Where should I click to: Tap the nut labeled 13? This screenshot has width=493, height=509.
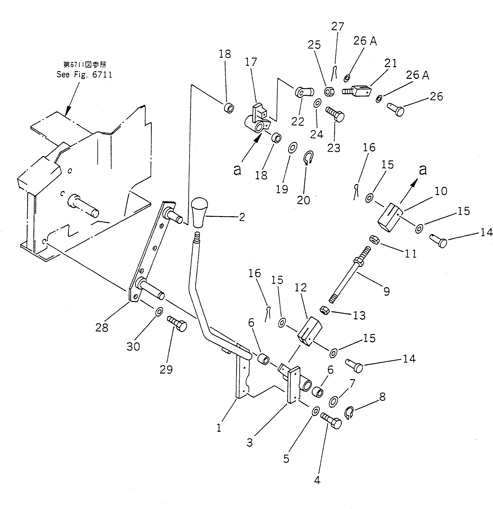tap(325, 310)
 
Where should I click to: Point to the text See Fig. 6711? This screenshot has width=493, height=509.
tap(84, 75)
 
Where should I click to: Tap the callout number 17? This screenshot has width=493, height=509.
tap(251, 62)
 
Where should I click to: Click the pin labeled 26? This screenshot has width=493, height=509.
tap(396, 110)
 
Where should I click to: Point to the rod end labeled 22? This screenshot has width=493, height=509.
tap(304, 92)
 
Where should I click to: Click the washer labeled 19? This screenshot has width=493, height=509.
tap(293, 148)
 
